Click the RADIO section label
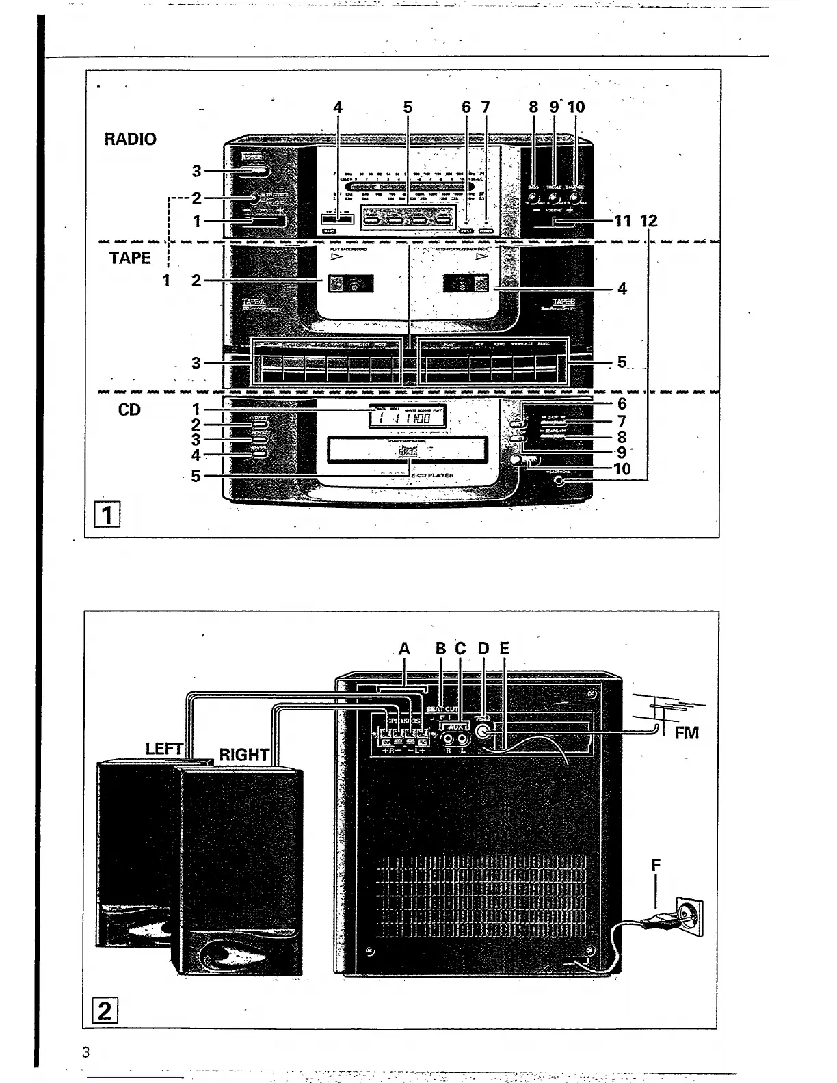click(130, 139)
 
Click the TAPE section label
click(130, 258)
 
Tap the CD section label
click(129, 410)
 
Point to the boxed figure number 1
click(107, 514)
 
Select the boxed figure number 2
click(105, 1009)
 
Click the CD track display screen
click(408, 416)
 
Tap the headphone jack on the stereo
click(561, 481)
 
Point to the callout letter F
click(656, 866)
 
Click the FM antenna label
click(687, 733)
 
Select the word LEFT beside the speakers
click(164, 749)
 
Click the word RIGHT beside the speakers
click(244, 755)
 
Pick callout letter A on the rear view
click(404, 649)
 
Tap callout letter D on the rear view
click(483, 648)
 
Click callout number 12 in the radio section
click(648, 221)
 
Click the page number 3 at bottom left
click(85, 1052)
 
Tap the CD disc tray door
click(408, 450)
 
